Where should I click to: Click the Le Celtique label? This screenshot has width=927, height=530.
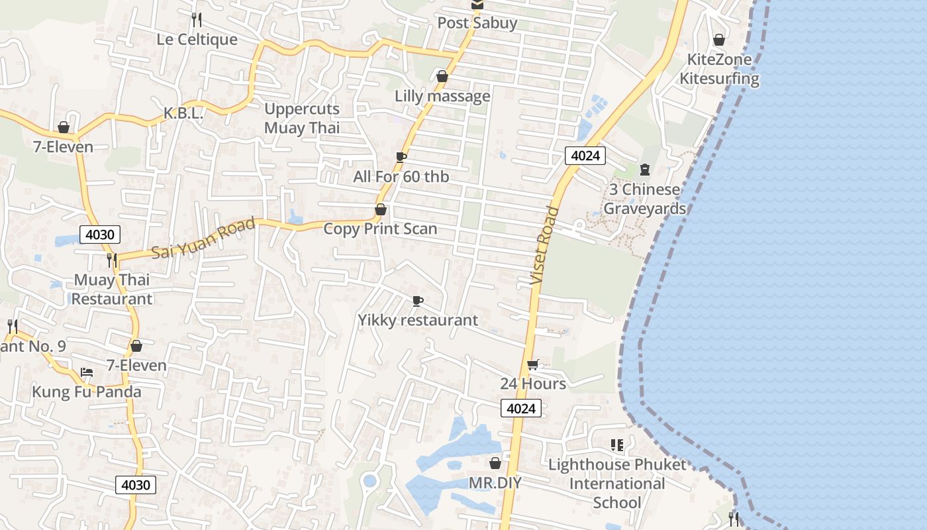tap(197, 40)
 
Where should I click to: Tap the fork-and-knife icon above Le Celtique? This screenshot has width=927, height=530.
tap(196, 19)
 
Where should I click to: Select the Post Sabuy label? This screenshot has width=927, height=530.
tap(477, 23)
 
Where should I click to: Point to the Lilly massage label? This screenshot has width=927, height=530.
tap(442, 96)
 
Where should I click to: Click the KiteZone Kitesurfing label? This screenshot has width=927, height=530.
tap(719, 69)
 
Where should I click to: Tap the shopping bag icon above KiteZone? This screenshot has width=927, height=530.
tap(719, 40)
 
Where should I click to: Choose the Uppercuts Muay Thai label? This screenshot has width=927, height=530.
tap(302, 119)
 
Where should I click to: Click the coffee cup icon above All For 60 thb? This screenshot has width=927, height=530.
tap(401, 157)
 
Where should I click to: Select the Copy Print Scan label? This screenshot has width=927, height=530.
tap(380, 229)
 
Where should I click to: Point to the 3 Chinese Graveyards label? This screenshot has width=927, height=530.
tap(644, 199)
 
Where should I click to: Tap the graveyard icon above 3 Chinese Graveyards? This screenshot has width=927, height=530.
tap(645, 170)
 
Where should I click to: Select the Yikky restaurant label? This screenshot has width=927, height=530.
tap(418, 321)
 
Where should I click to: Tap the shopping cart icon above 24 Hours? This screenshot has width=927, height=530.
tap(532, 364)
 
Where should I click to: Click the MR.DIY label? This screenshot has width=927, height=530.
tap(495, 483)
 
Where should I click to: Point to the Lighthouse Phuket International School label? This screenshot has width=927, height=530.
tap(617, 484)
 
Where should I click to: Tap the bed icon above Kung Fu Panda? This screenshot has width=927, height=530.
tap(87, 372)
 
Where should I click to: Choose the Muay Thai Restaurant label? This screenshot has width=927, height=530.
tap(112, 290)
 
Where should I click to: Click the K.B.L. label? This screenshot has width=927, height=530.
tap(183, 114)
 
